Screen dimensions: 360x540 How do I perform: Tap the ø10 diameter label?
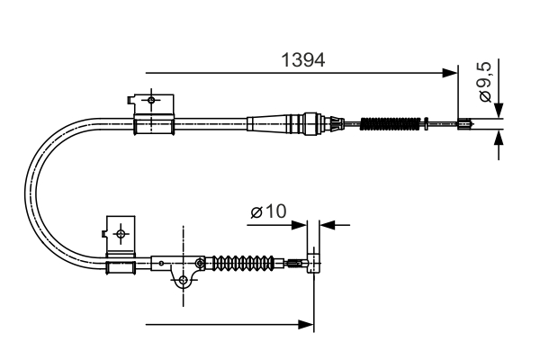coord(267,212)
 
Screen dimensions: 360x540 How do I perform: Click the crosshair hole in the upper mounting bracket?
coord(151,99)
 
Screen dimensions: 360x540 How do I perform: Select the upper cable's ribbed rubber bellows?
coord(391,123)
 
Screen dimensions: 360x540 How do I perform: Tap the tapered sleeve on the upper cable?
coord(274,121)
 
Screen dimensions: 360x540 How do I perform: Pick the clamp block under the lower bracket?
coord(121,267)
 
